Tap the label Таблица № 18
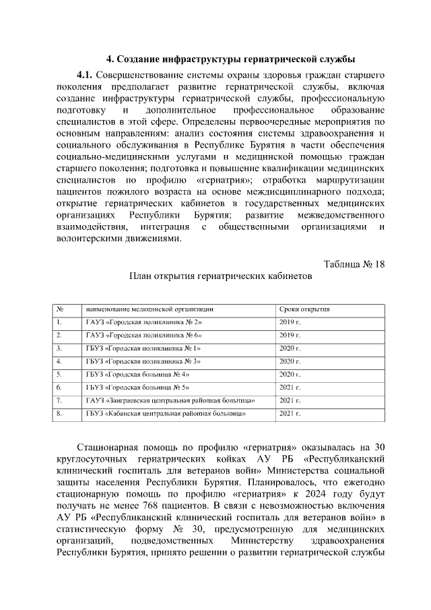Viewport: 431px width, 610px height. [354, 264]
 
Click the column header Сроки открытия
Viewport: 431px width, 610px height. [304, 309]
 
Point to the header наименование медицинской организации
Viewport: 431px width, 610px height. [150, 309]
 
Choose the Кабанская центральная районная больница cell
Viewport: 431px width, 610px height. [166, 413]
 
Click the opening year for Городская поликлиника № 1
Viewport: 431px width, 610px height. [290, 348]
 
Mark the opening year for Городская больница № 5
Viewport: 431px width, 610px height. [290, 388]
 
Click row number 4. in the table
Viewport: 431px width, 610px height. [60, 361]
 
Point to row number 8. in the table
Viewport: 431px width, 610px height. [60, 413]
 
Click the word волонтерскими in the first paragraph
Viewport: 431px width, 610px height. [90, 238]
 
